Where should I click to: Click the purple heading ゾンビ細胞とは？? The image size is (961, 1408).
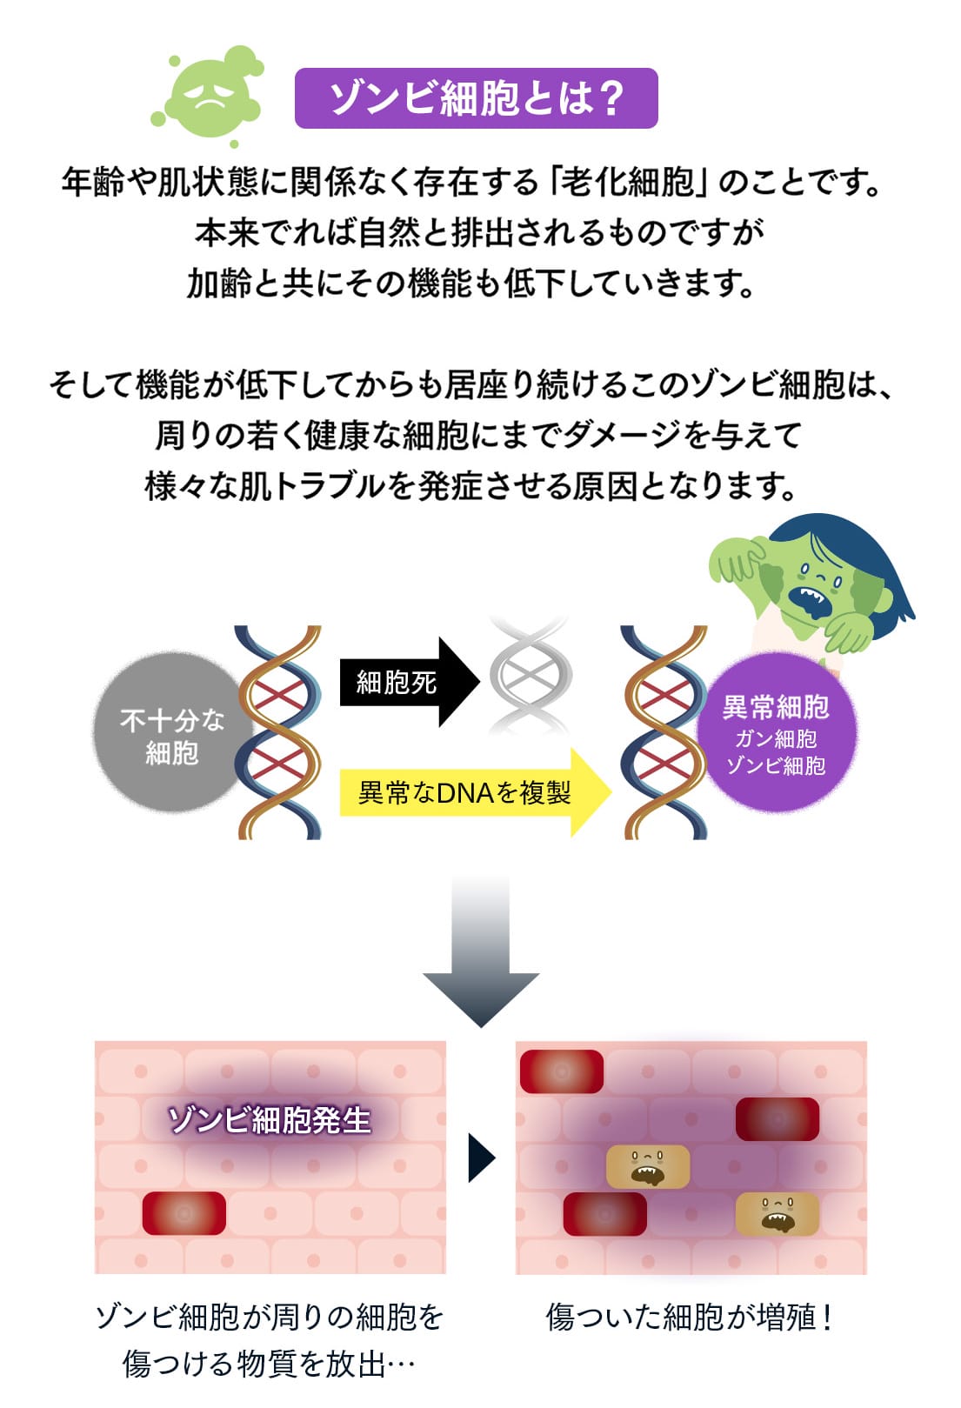tap(476, 97)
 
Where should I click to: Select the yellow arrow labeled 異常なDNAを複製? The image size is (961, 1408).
tap(470, 792)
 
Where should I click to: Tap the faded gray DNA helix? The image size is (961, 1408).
tap(530, 674)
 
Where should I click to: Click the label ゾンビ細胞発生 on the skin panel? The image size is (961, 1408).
tap(270, 1119)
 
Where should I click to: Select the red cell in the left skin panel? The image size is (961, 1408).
tap(184, 1212)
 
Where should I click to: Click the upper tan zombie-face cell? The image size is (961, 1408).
tap(648, 1166)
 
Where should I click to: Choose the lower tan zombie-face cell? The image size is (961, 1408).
tap(777, 1214)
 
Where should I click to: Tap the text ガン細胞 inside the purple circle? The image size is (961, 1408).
tap(776, 738)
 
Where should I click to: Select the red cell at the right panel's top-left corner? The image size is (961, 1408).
tap(561, 1071)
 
